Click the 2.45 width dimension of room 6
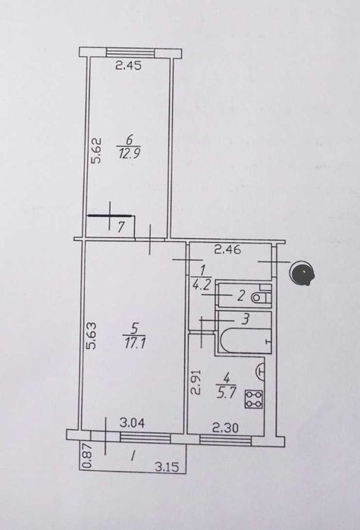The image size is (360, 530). (128, 65)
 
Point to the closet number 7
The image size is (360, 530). (121, 227)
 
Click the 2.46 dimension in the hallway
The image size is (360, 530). (228, 250)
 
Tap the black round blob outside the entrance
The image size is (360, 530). (303, 273)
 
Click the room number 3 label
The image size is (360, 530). (246, 318)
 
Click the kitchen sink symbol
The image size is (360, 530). (261, 372)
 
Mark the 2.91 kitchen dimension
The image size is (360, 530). (197, 382)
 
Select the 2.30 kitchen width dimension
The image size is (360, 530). (225, 428)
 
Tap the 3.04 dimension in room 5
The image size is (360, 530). (132, 422)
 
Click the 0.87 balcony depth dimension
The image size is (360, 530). (87, 459)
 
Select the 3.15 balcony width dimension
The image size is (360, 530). (167, 467)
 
